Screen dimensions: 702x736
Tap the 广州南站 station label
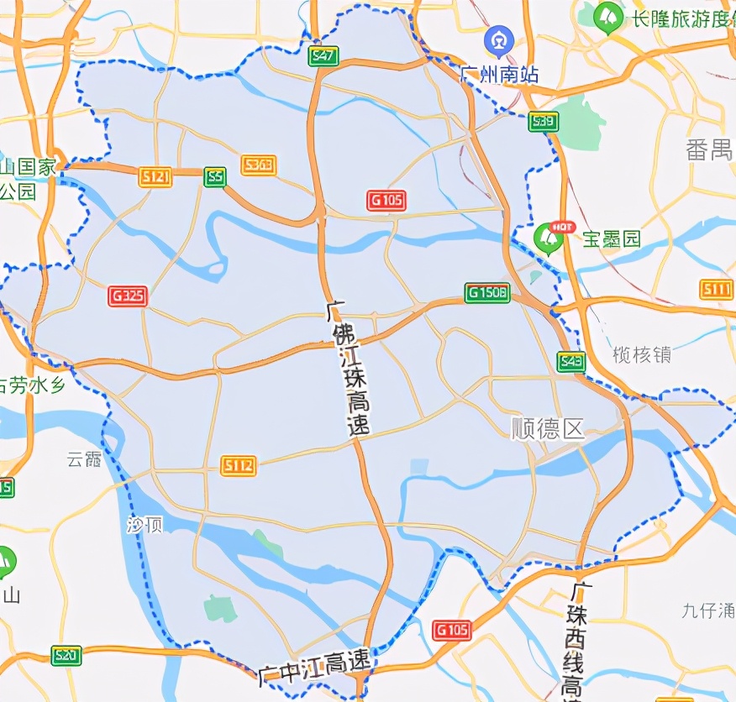point(497,74)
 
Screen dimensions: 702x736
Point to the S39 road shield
point(544,122)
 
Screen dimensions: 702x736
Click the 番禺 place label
point(709,150)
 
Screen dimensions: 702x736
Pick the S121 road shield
point(156,176)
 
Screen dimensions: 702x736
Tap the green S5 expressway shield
point(215,176)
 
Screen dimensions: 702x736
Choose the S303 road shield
point(258,165)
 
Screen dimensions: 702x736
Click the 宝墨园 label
point(612,239)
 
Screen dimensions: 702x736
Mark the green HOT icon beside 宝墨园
point(550,238)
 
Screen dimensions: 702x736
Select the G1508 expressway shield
point(487,293)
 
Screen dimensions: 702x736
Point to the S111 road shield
point(717,290)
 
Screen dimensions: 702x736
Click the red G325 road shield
point(128,296)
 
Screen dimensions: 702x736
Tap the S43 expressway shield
point(571,362)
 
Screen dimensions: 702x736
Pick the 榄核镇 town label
point(642,354)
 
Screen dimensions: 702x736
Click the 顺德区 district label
point(548,429)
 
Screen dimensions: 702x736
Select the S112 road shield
point(239,466)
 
